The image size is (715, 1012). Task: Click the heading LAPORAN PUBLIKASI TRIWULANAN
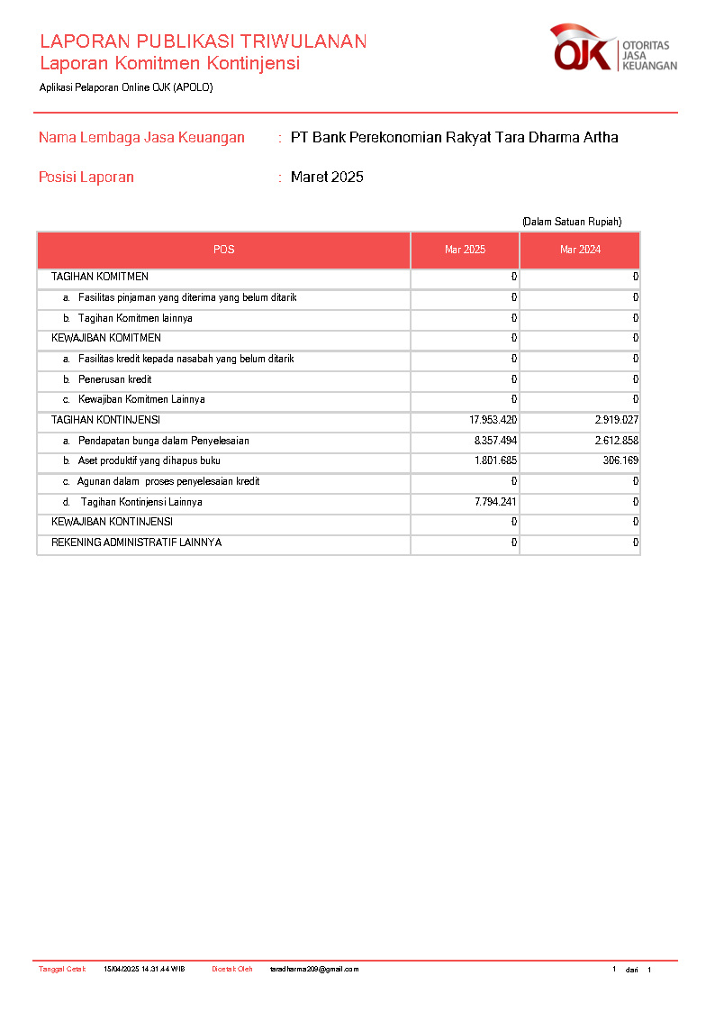pos(203,41)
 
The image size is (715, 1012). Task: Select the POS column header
pos(223,250)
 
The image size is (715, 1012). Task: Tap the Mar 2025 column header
pos(465,250)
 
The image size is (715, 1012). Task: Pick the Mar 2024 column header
pos(580,250)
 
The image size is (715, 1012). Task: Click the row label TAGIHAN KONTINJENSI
pos(105,420)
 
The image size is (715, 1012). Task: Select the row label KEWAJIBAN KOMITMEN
pos(106,338)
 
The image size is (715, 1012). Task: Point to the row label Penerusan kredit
pos(114,379)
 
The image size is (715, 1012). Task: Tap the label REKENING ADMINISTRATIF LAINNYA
pos(136,542)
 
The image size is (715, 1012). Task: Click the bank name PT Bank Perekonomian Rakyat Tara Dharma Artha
pos(454,138)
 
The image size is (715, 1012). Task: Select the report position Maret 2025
pos(327,178)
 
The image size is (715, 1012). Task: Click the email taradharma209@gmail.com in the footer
pos(314,970)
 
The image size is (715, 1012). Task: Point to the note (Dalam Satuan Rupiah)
pos(572,222)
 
